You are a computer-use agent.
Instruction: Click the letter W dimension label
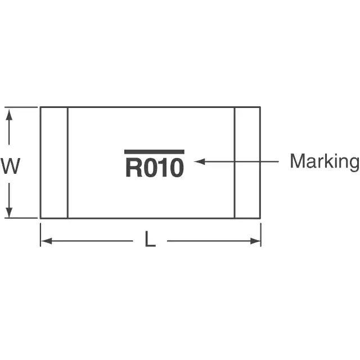click(11, 166)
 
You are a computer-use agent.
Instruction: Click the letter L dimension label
click(150, 239)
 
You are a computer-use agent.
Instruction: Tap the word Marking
click(325, 162)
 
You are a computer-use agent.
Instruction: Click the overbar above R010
click(154, 152)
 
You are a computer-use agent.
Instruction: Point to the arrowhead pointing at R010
click(199, 161)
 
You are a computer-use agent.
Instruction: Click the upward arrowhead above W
click(9, 115)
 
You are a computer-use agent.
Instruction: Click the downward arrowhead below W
click(9, 213)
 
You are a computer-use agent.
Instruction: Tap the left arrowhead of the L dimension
click(46, 241)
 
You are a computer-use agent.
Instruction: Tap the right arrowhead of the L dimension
click(255, 241)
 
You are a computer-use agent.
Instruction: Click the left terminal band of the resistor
click(54, 163)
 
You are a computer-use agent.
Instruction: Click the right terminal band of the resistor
click(247, 163)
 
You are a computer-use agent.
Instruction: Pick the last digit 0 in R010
click(177, 168)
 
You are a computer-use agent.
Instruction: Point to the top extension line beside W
click(21, 107)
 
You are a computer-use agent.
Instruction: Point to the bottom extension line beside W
click(21, 218)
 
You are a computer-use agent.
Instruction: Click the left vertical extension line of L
click(40, 235)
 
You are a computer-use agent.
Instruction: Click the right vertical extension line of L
click(261, 235)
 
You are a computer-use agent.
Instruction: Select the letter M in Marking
click(297, 161)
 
